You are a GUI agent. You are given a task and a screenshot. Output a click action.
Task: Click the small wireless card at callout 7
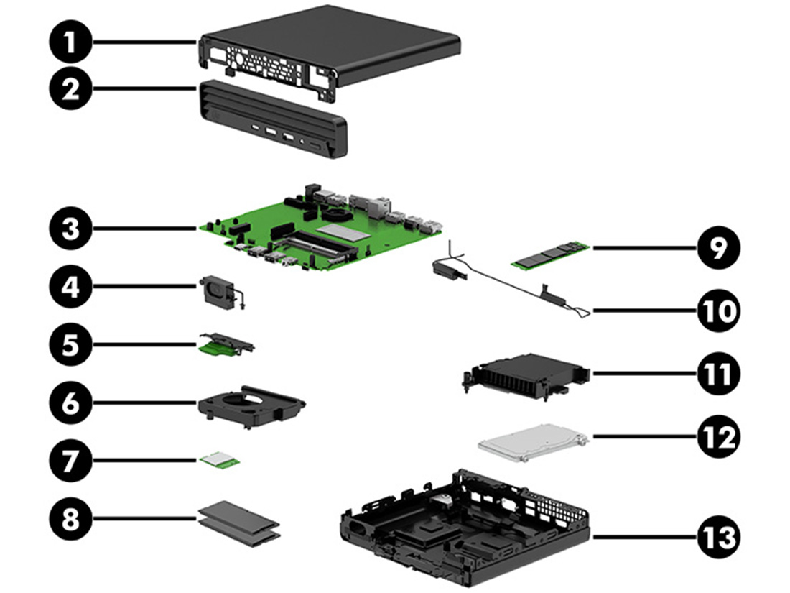[221, 460]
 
